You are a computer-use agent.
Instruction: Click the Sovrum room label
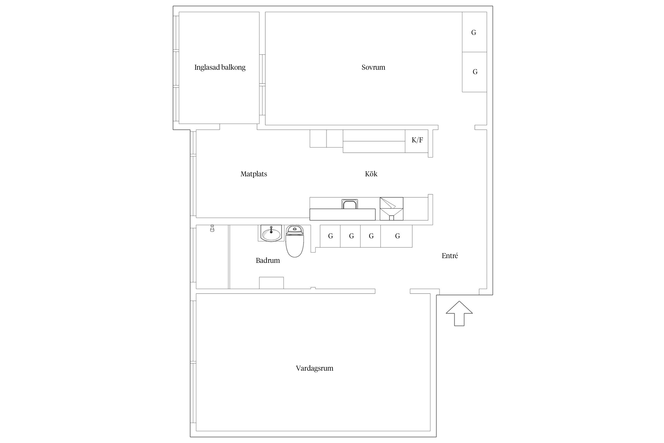tap(373, 67)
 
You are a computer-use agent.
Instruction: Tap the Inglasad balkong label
tap(220, 67)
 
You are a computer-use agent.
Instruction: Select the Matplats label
tap(254, 174)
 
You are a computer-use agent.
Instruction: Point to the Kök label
tap(371, 174)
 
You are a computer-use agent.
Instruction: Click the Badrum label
tap(268, 260)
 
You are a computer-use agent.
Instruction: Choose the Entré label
tap(450, 256)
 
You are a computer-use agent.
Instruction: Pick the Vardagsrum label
tap(315, 368)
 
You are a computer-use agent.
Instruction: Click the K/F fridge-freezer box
tap(416, 141)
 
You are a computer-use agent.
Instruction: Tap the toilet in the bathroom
tap(295, 241)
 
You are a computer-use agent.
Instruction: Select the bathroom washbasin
tap(271, 233)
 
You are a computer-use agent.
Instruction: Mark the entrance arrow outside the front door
tap(459, 313)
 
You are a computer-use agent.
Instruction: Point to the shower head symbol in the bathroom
tap(212, 228)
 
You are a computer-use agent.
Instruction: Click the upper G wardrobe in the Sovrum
tap(474, 32)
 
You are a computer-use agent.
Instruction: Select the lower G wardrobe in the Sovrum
tap(474, 72)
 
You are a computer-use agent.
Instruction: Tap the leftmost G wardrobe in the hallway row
tap(330, 236)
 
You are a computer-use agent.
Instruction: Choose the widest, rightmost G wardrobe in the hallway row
tap(396, 236)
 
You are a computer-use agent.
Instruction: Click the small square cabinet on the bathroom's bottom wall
tap(272, 283)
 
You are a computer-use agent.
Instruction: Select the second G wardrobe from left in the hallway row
tap(350, 236)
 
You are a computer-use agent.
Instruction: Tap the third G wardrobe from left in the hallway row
tap(370, 236)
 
